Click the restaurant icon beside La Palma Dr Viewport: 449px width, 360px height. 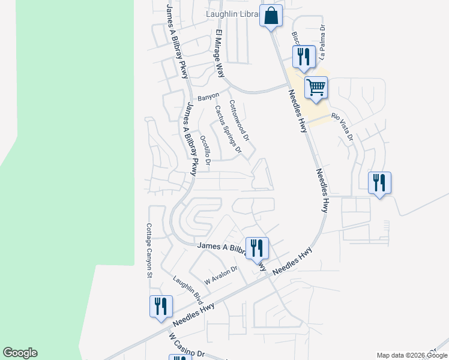click(x=304, y=57)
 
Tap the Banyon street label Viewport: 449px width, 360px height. click(x=208, y=96)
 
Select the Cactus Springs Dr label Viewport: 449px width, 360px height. click(x=228, y=128)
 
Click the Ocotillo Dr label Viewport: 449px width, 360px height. click(x=205, y=149)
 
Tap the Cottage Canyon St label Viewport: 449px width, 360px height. click(x=149, y=251)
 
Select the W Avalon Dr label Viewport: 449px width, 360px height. click(x=221, y=275)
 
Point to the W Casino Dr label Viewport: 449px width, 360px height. click(x=187, y=347)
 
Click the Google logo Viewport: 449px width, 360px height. click(x=20, y=353)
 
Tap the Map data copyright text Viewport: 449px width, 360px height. click(x=411, y=355)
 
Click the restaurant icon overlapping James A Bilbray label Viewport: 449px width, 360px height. click(x=258, y=248)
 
